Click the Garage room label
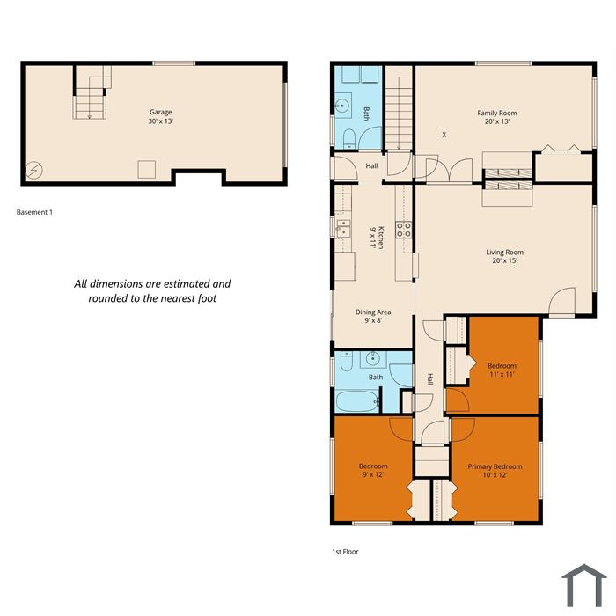pos(161,113)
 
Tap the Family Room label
pos(497,114)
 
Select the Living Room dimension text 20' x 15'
pos(505,260)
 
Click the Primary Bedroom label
pos(495,466)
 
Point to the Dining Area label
pos(373,312)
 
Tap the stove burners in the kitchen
pos(403,230)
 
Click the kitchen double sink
pos(343,229)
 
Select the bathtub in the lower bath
pos(357,401)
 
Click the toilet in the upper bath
pos(348,139)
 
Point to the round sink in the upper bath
pos(342,106)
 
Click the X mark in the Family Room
pos(444,135)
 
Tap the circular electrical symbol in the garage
pos(34,170)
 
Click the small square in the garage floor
pos(147,169)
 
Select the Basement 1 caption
pos(34,212)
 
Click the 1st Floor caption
pos(345,552)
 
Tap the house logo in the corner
pos(584,585)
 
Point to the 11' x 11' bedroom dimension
pos(502,374)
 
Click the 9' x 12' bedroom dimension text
pos(373,474)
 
